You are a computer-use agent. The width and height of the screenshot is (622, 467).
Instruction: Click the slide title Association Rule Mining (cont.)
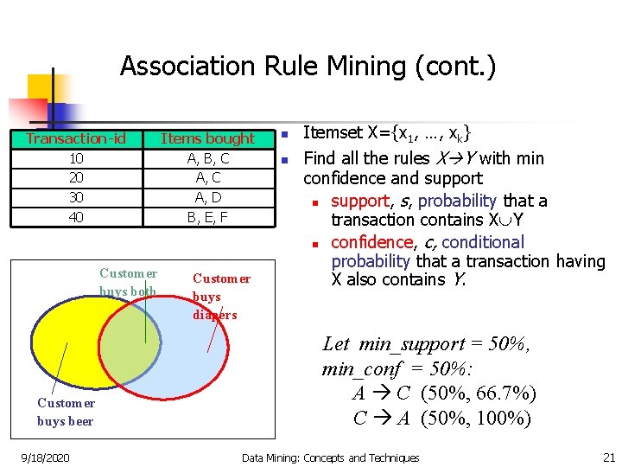(x=308, y=67)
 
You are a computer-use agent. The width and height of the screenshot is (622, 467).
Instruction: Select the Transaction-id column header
(x=76, y=138)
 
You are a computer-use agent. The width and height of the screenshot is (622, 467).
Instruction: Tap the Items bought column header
(x=208, y=138)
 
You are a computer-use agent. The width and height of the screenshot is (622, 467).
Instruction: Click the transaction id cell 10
(x=76, y=159)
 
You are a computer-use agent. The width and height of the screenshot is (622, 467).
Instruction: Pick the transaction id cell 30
(x=76, y=197)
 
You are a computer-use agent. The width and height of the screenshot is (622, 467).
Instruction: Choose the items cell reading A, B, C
(x=208, y=159)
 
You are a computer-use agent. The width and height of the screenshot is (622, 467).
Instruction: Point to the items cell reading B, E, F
(x=208, y=217)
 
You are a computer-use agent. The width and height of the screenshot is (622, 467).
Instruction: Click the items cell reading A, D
(x=208, y=197)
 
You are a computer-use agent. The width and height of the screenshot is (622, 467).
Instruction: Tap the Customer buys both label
(x=128, y=283)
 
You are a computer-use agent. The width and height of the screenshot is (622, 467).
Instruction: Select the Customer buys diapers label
(x=220, y=296)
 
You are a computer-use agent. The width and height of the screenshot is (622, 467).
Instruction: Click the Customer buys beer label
(x=66, y=412)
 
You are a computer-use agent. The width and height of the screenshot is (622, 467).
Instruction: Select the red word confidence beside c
(x=371, y=242)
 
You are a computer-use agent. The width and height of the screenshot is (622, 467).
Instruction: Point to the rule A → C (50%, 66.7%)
(x=444, y=393)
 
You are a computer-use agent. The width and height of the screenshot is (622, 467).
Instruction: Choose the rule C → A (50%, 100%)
(x=442, y=419)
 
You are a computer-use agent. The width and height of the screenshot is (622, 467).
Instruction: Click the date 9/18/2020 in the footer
(x=45, y=457)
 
